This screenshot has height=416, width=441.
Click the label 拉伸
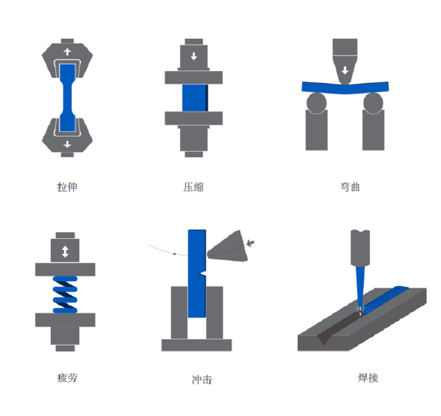tap(67, 187)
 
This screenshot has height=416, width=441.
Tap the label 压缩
tap(193, 187)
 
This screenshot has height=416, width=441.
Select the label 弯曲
tap(350, 187)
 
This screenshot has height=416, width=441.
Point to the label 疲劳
tap(67, 378)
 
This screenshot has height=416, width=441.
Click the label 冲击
tap(202, 380)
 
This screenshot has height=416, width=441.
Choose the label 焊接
tap(368, 378)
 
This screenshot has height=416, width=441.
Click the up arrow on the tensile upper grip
tap(67, 52)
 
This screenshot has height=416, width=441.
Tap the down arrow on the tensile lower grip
tap(67, 145)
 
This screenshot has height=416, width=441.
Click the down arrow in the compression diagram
tap(194, 56)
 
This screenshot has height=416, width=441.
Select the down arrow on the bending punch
tap(345, 70)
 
